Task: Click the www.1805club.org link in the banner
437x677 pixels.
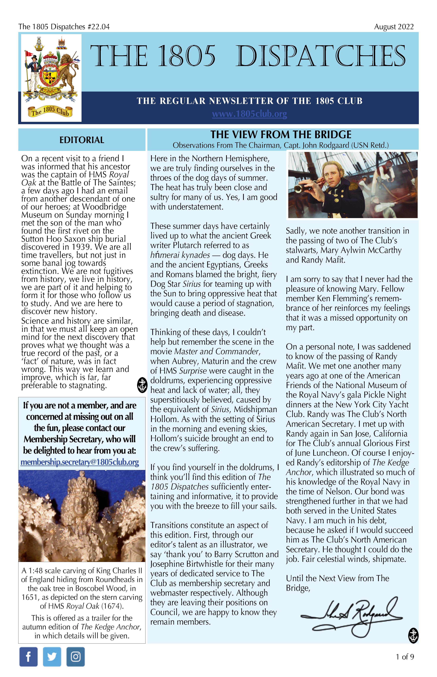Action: [249, 114]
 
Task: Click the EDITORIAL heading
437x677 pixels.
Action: [82, 140]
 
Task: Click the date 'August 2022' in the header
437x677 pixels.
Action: [394, 27]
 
